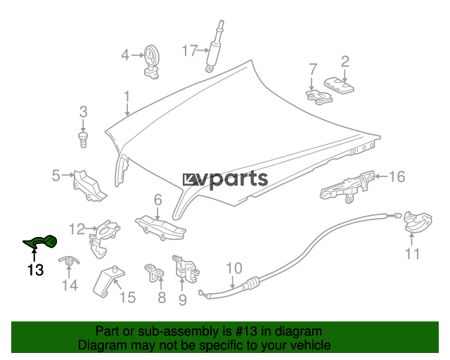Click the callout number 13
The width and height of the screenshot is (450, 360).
point(35,269)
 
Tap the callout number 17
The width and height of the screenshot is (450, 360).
point(191,50)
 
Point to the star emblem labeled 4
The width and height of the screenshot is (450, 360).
point(153,58)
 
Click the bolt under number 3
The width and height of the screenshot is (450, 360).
point(83,138)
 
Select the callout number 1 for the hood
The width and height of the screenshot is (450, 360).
point(127,96)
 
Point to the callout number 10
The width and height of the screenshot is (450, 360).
point(234,268)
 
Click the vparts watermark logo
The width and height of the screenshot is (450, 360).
point(225,179)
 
